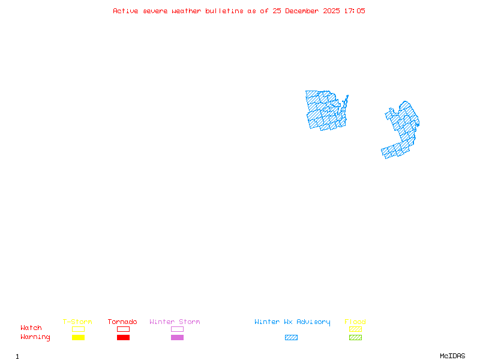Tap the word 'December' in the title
tap(305, 11)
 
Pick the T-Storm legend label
tap(77, 322)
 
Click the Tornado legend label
tap(122, 322)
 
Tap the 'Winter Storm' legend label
tap(175, 322)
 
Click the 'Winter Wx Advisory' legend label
tap(292, 322)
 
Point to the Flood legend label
tap(355, 322)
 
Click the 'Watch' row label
tap(31, 328)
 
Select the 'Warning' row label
tap(35, 337)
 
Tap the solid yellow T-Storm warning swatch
tap(78, 338)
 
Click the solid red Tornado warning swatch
tap(123, 338)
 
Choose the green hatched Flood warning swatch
tap(355, 338)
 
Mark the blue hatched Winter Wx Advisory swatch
tap(291, 338)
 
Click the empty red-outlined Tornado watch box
tap(123, 329)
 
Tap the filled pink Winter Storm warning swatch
tap(177, 338)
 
